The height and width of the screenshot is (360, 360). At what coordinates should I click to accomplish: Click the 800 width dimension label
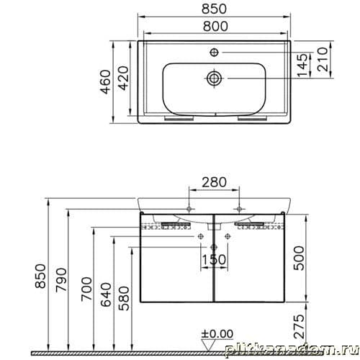pos(215,26)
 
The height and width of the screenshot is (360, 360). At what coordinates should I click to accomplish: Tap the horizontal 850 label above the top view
pos(214,9)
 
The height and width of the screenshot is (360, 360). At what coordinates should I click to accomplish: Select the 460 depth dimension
pos(105,82)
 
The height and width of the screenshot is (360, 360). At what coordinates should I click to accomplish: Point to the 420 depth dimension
pos(124,78)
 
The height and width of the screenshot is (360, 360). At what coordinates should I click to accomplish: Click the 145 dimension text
pos(302,66)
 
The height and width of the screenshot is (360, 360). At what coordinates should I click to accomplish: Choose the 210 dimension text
pos(323,59)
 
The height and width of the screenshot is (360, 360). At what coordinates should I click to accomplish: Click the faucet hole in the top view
pos(214,52)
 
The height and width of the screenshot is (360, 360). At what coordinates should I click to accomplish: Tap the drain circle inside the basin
pos(215,78)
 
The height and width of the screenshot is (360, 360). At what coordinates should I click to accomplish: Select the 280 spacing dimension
pos(214,182)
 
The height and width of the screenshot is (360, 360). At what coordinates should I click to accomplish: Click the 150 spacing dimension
pos(214,260)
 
